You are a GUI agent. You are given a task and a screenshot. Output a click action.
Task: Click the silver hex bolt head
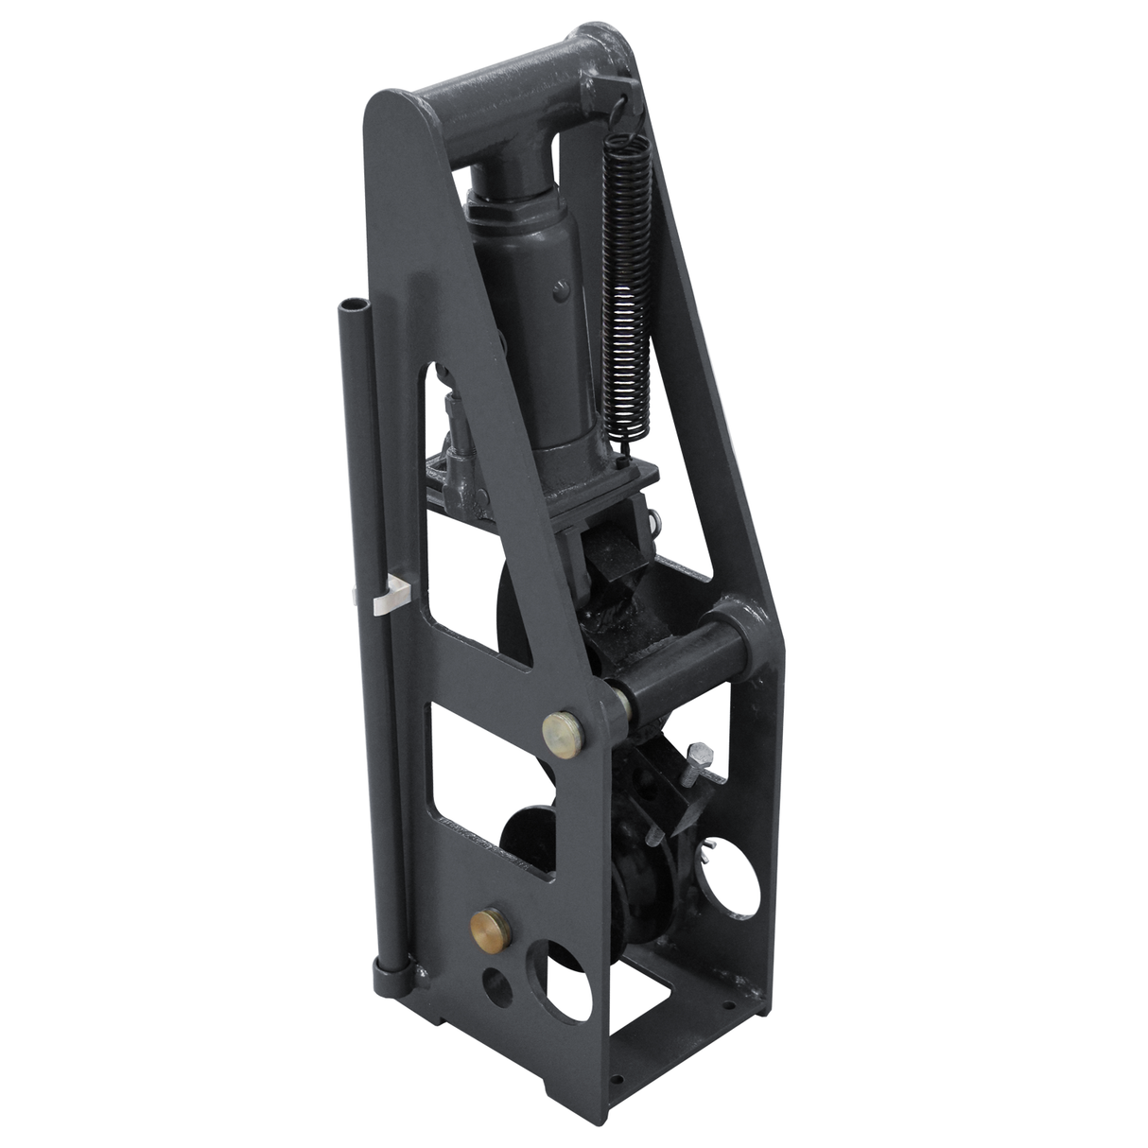coord(701,753)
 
